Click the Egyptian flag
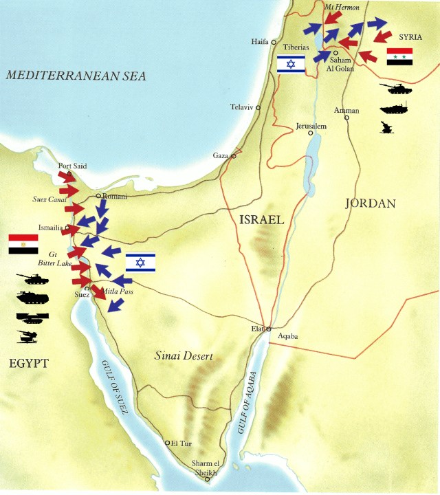pyautogui.click(x=23, y=244)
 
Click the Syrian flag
pyautogui.click(x=399, y=57)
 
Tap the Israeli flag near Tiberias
pyautogui.click(x=290, y=64)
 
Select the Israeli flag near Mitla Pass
pyautogui.click(x=140, y=262)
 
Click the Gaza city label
pyautogui.click(x=220, y=156)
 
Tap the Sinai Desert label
pyautogui.click(x=182, y=357)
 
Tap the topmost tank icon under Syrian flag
pyautogui.click(x=396, y=89)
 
